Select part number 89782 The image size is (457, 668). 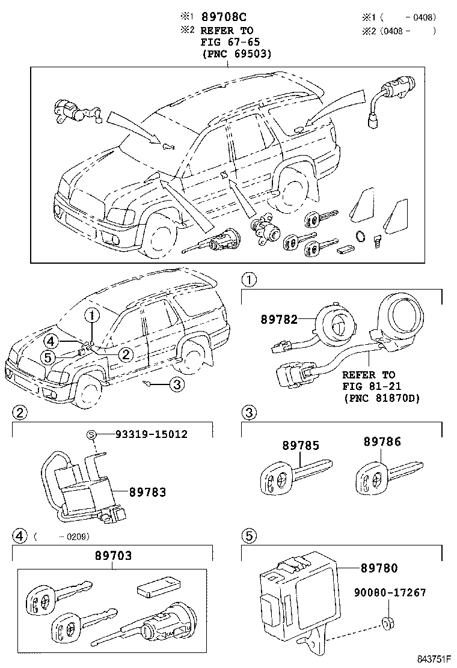click(279, 320)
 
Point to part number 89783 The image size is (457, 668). click(147, 492)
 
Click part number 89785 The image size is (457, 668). click(301, 446)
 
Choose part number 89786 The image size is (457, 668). click(382, 442)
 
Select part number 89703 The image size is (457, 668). click(113, 556)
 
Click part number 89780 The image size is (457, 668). click(379, 568)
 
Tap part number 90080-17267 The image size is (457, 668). click(389, 593)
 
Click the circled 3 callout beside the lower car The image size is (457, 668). click(175, 385)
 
